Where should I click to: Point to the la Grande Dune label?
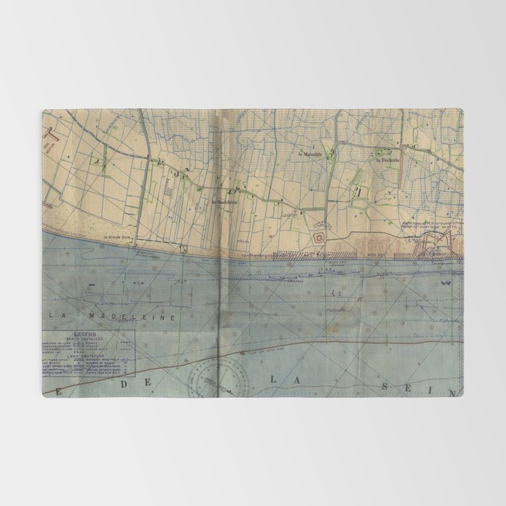(x=113, y=237)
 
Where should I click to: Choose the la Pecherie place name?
(x=387, y=161)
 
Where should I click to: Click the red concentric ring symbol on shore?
(x=319, y=235)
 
